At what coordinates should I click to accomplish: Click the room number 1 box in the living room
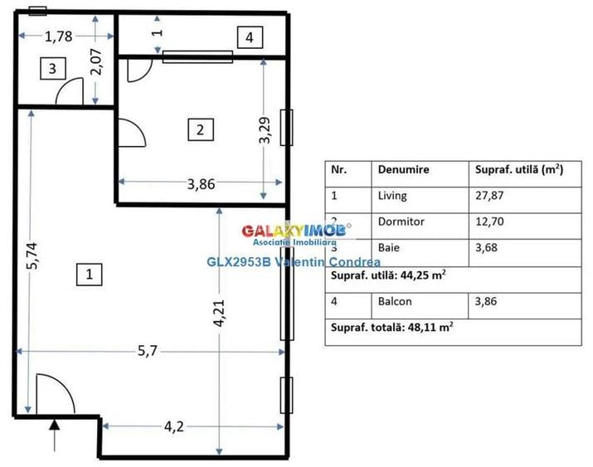click(90, 274)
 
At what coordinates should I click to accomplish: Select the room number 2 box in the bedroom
click(200, 129)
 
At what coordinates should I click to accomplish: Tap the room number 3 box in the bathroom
click(52, 69)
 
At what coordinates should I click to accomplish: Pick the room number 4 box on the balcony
click(249, 36)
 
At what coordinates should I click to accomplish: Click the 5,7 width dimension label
click(147, 351)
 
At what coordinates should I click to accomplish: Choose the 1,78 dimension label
click(57, 36)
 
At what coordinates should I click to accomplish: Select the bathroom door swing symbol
click(69, 92)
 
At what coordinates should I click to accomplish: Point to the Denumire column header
click(403, 168)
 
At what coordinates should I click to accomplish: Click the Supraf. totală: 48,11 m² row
click(392, 328)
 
